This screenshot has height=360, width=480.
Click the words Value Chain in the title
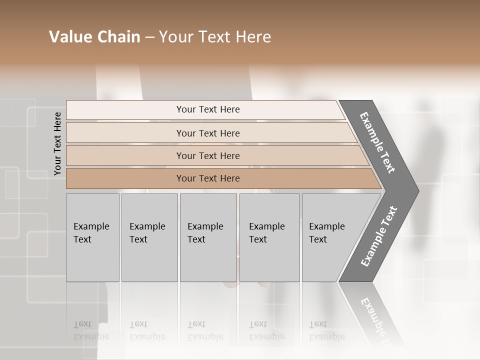pos(94,37)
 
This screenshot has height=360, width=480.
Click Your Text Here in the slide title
pos(215,37)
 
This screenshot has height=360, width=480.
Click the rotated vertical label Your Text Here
pos(57,144)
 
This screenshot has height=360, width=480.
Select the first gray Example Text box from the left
pos(92,237)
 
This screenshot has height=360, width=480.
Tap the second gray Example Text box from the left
pos(149,237)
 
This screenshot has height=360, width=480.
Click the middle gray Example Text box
pos(208,237)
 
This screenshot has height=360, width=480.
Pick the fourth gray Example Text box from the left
pos(269,237)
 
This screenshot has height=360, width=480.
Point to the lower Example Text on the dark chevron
pos(378,236)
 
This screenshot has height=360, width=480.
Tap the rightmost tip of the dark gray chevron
pos(417,190)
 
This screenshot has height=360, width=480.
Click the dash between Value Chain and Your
pos(149,37)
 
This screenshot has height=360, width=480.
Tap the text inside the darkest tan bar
pos(208,178)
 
